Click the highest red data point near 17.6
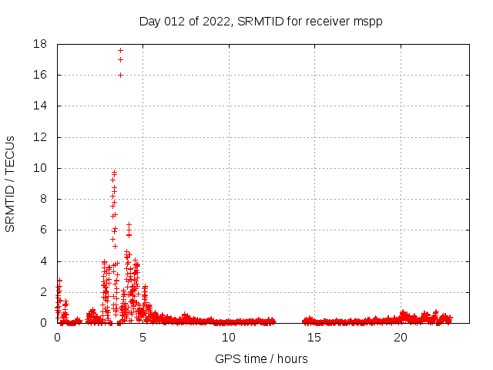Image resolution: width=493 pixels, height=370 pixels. (x=120, y=50)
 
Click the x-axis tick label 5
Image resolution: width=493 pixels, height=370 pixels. (x=143, y=338)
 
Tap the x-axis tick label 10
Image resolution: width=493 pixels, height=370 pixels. (x=229, y=338)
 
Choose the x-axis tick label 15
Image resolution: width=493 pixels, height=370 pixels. (x=314, y=338)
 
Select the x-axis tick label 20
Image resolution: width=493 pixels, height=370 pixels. (x=401, y=338)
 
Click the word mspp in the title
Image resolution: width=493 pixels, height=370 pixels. (x=368, y=22)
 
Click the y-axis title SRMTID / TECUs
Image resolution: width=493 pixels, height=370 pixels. (x=11, y=183)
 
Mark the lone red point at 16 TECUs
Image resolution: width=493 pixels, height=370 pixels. (x=120, y=75)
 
